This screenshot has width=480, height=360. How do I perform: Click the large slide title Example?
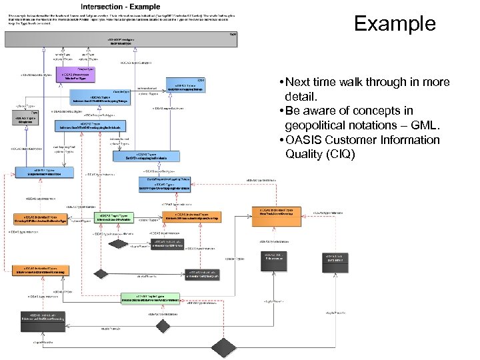[x=395, y=24]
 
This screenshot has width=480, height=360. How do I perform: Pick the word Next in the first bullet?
[x=301, y=82]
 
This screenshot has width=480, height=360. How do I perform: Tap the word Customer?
[x=358, y=140]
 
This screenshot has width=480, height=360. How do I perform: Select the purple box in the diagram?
[x=77, y=75]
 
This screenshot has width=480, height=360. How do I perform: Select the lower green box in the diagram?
[x=150, y=299]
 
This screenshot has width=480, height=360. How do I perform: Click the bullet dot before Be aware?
[x=283, y=111]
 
